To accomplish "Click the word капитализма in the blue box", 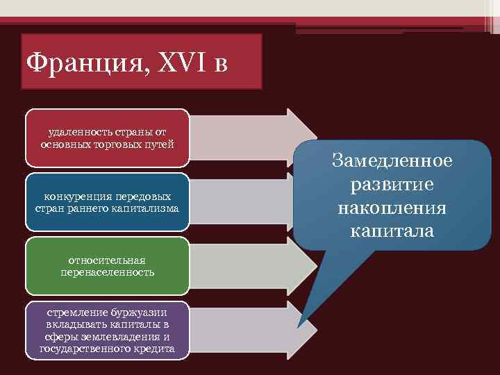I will point(148,208).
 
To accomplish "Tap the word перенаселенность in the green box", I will point(107,272).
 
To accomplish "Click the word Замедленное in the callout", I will point(392,161).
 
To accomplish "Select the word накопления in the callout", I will point(392,208).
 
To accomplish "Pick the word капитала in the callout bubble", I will point(392,231).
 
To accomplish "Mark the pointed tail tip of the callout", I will point(299,326).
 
